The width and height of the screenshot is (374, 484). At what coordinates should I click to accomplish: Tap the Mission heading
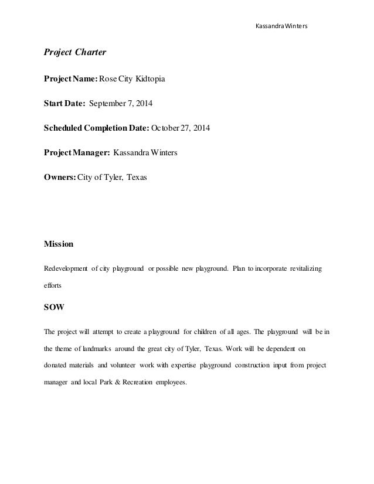(59, 242)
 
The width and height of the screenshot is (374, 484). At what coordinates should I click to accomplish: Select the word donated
(57, 364)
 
